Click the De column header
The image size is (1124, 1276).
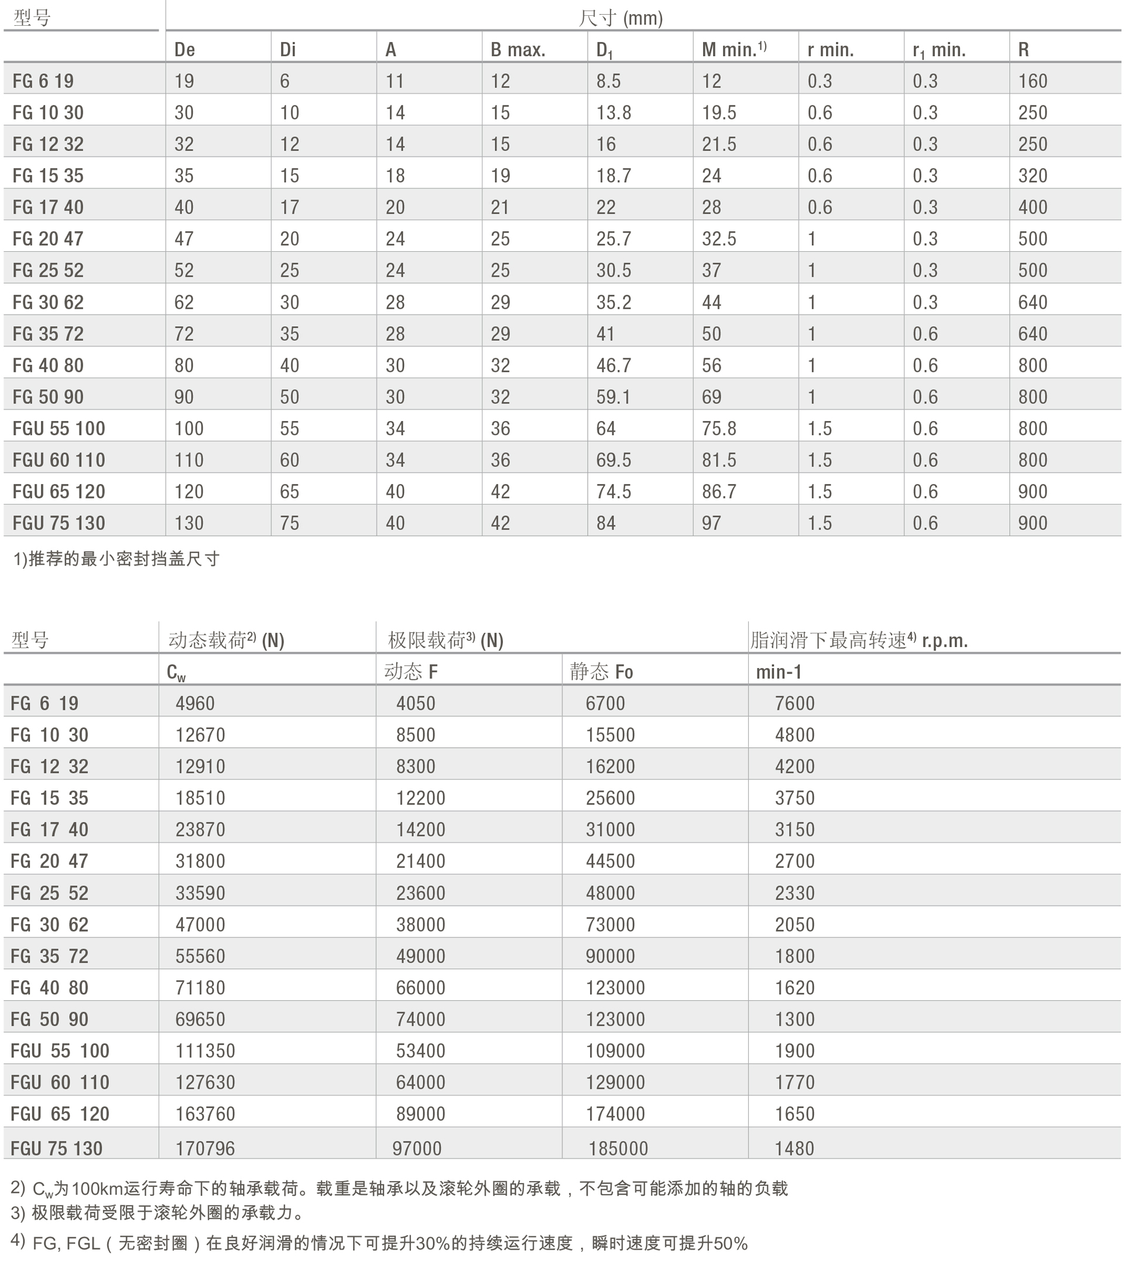(x=185, y=49)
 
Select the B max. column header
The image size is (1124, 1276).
(x=518, y=49)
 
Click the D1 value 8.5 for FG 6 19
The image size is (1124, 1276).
(x=608, y=81)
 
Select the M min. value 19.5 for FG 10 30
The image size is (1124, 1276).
(x=719, y=112)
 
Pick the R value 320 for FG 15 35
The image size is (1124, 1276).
(x=1033, y=176)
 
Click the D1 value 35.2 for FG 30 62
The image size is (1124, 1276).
(x=614, y=302)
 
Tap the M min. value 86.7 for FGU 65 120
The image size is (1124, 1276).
(x=719, y=491)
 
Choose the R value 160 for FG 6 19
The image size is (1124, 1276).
(x=1033, y=81)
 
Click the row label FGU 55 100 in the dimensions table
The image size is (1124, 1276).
(x=59, y=428)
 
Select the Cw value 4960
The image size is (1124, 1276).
(x=195, y=703)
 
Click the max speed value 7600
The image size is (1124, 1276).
(x=794, y=703)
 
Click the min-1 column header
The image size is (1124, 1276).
(x=778, y=672)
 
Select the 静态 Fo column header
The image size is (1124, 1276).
(x=601, y=672)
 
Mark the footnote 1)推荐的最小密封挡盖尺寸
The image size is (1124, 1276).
(x=116, y=559)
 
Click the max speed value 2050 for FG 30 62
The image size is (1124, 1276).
(x=794, y=924)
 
